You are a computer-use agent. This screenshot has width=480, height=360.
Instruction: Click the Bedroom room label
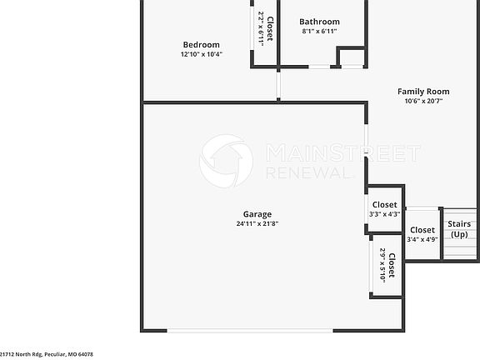click(201, 45)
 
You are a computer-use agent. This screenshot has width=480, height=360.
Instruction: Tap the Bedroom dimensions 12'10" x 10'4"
click(201, 54)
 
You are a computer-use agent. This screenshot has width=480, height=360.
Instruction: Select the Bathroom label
click(320, 22)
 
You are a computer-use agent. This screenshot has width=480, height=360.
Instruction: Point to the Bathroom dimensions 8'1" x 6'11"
click(320, 32)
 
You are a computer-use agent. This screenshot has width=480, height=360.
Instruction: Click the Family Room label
click(423, 92)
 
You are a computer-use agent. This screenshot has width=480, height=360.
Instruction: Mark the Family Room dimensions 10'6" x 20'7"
click(423, 102)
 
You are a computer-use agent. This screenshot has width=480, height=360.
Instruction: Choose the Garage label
click(257, 214)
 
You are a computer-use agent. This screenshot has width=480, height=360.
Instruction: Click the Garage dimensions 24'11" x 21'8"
click(257, 223)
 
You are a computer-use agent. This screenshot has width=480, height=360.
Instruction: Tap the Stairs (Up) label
click(459, 229)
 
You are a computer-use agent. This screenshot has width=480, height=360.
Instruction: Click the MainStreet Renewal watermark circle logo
click(226, 161)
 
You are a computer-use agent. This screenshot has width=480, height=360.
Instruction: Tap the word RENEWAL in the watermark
click(307, 172)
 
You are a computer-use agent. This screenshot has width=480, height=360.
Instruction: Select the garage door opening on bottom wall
click(251, 331)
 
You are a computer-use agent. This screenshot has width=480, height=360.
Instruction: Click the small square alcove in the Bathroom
click(352, 58)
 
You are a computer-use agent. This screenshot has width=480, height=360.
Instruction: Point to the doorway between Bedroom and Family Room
click(279, 86)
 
